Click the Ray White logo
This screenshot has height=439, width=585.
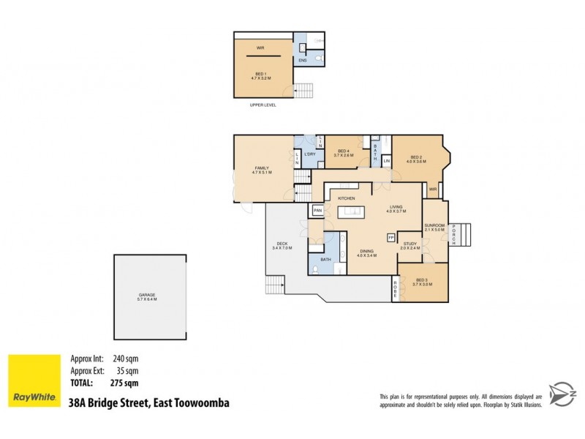pyautogui.click(x=34, y=380)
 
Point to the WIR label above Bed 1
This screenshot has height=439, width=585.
pyautogui.click(x=260, y=49)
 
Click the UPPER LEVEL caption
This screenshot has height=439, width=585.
pyautogui.click(x=261, y=105)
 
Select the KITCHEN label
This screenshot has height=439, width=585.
pyautogui.click(x=346, y=198)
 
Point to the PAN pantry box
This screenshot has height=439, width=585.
pyautogui.click(x=317, y=211)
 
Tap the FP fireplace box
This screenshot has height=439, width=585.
pyautogui.click(x=390, y=238)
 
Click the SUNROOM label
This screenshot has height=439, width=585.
pyautogui.click(x=434, y=227)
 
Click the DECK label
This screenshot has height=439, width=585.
pyautogui.click(x=282, y=246)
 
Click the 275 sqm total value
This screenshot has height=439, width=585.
pyautogui.click(x=125, y=382)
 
